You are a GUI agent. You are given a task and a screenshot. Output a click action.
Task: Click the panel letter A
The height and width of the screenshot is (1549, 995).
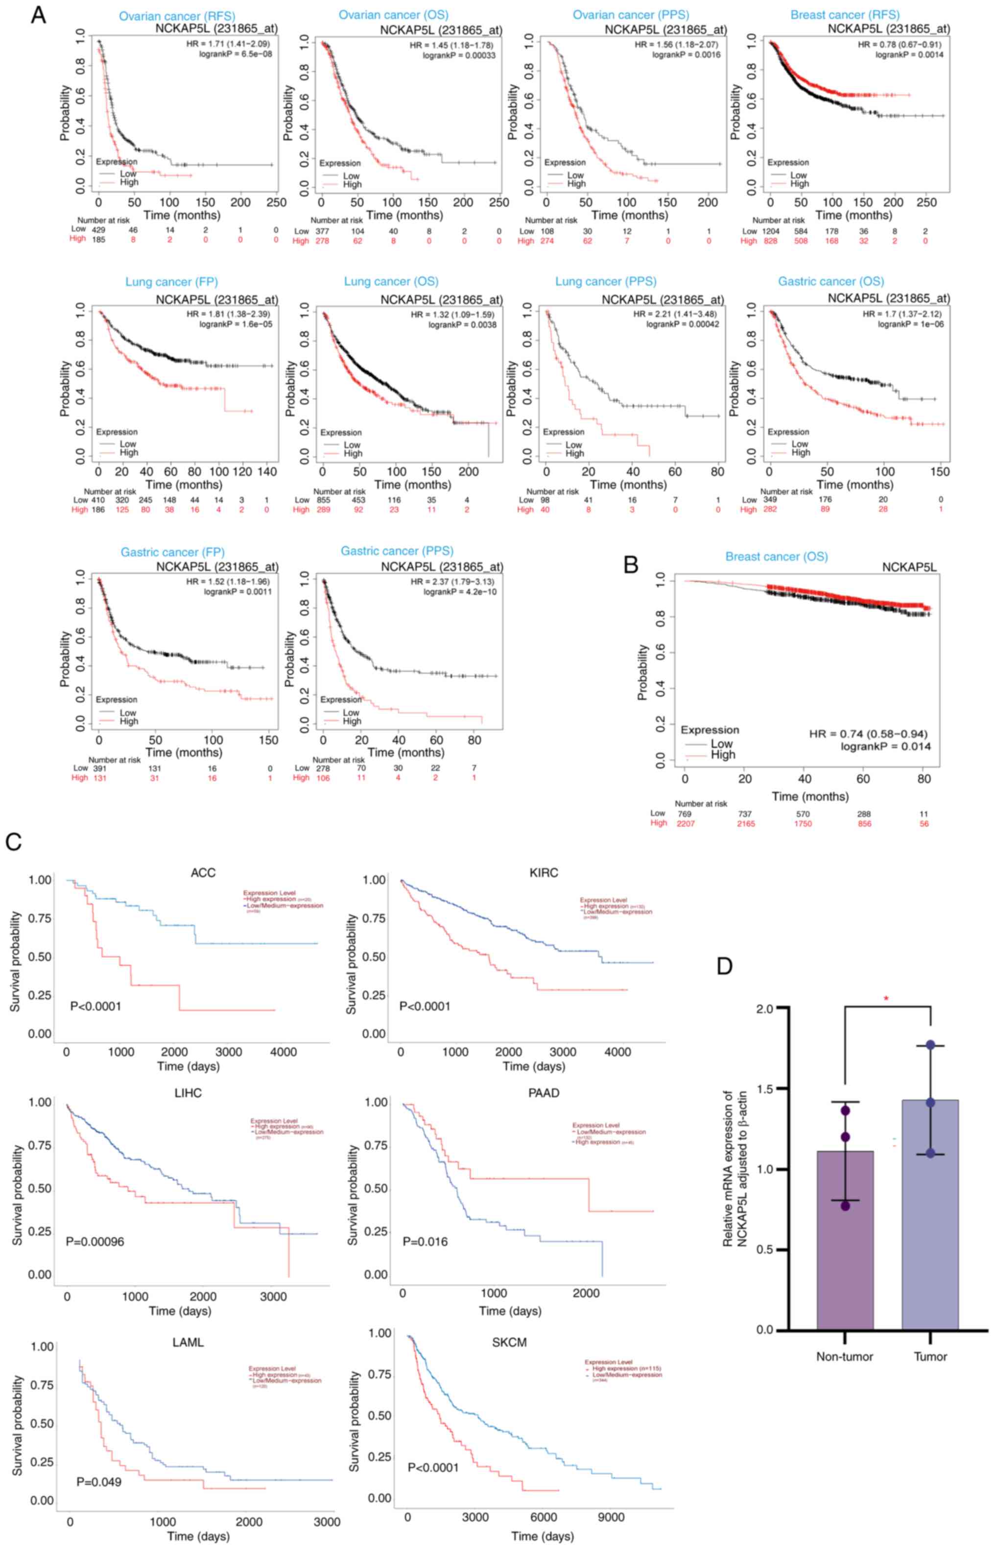pyautogui.click(x=38, y=15)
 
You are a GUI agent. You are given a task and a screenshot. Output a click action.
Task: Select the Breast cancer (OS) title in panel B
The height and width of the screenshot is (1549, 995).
pyautogui.click(x=776, y=557)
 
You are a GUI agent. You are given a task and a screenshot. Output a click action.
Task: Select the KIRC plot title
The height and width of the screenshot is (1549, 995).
pyautogui.click(x=543, y=873)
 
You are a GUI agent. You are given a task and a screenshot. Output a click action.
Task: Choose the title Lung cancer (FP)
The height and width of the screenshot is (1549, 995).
pyautogui.click(x=171, y=282)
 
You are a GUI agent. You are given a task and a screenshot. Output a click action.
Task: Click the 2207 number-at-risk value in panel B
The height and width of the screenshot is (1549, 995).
pyautogui.click(x=685, y=824)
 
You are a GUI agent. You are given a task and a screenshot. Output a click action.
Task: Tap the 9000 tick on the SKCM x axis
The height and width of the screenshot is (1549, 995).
pyautogui.click(x=611, y=1517)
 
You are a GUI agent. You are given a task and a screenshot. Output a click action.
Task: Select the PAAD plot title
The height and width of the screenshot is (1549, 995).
pyautogui.click(x=544, y=1093)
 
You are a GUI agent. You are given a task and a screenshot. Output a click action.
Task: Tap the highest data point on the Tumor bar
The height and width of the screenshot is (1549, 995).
pyautogui.click(x=930, y=1045)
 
